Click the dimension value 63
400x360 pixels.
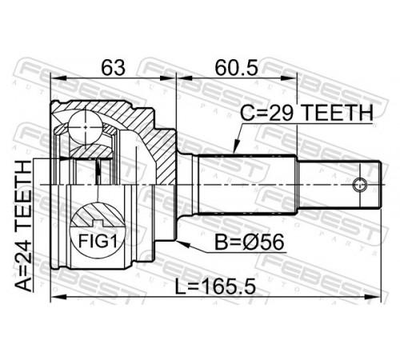(x=113, y=68)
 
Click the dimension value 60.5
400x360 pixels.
(x=237, y=68)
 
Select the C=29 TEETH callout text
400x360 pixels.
(x=306, y=113)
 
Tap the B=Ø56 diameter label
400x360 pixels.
(x=250, y=242)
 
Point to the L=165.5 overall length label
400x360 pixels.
(x=215, y=286)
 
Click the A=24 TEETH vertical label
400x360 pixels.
(x=23, y=226)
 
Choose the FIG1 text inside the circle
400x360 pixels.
(x=98, y=242)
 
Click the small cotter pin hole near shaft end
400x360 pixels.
(x=359, y=185)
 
